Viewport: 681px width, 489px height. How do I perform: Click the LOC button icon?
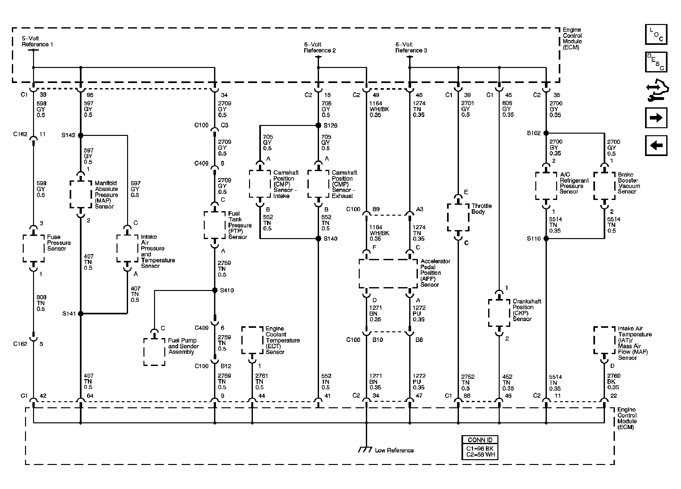click(656, 34)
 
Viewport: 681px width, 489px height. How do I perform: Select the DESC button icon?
click(656, 62)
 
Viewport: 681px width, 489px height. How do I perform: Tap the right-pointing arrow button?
click(656, 118)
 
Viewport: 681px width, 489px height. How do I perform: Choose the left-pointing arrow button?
click(656, 145)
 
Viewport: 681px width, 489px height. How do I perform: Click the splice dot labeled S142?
click(81, 136)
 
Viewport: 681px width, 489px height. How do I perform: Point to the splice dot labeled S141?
click(81, 313)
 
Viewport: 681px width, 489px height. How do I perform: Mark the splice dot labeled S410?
click(215, 290)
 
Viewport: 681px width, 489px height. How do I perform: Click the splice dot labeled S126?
click(318, 125)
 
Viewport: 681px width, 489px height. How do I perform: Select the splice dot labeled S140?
click(318, 238)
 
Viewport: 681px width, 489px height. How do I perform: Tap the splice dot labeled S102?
click(546, 133)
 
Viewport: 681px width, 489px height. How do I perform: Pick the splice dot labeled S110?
click(546, 238)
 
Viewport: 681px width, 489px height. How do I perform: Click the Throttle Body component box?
click(458, 218)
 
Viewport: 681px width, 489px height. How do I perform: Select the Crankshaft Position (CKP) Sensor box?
click(499, 313)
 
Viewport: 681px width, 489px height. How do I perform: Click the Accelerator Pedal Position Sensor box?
click(388, 274)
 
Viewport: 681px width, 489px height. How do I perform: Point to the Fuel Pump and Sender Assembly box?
click(154, 352)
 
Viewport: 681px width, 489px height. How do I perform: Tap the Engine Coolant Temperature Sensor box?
click(252, 340)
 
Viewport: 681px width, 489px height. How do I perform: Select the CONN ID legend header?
click(480, 440)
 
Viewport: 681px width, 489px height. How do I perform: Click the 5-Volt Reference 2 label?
click(320, 47)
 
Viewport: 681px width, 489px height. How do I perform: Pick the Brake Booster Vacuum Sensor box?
click(604, 186)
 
